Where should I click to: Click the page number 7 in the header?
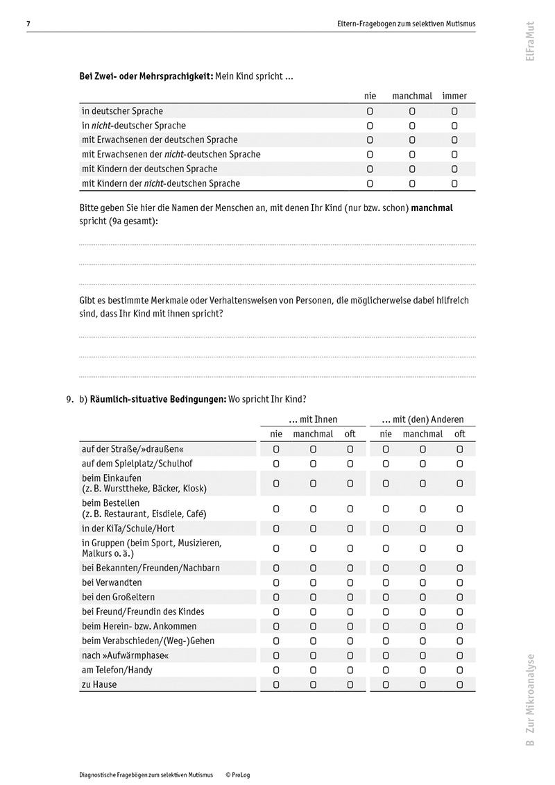[28, 24]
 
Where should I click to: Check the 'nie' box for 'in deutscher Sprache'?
[370, 111]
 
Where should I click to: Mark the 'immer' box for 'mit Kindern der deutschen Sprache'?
[454, 169]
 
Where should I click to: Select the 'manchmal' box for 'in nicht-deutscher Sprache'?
[411, 126]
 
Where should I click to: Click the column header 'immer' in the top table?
[454, 96]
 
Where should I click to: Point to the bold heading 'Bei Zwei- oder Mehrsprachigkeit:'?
[146, 76]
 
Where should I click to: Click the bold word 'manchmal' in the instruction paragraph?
[432, 208]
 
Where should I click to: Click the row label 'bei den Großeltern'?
[118, 597]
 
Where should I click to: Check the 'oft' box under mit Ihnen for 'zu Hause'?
[350, 685]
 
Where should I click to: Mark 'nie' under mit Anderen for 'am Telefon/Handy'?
[386, 670]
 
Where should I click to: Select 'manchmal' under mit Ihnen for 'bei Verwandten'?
[313, 582]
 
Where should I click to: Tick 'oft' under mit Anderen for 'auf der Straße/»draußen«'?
[459, 450]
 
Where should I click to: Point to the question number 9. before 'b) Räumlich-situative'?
[69, 399]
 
